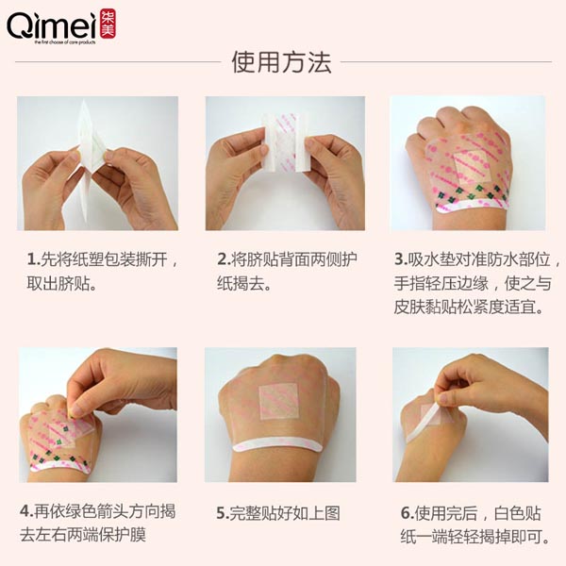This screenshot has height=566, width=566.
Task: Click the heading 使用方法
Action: tap(282, 63)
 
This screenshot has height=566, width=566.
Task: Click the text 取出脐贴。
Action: tap(63, 283)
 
